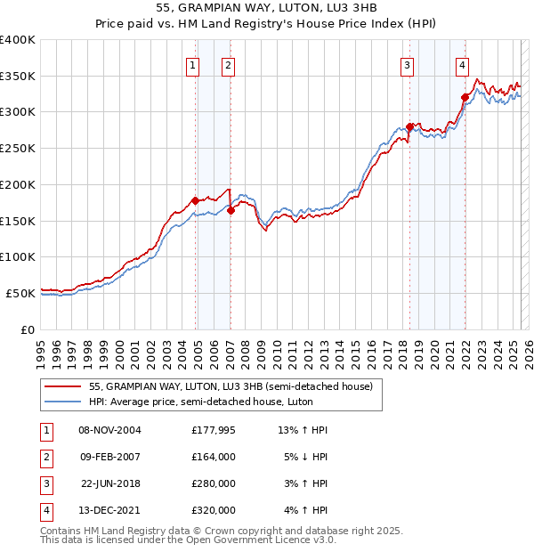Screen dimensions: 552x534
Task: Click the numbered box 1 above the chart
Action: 193,64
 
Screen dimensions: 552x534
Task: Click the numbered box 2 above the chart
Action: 228,64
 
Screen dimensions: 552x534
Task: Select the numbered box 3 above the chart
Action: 407,64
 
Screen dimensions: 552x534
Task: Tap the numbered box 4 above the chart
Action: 463,64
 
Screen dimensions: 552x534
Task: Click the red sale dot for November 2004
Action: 195,200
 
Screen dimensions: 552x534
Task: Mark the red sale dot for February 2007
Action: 231,210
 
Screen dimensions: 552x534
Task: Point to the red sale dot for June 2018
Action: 409,126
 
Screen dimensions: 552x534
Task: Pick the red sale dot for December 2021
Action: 465,97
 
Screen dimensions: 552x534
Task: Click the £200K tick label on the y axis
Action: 18,184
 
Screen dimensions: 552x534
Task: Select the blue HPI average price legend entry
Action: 212,402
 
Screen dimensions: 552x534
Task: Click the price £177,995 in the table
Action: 213,431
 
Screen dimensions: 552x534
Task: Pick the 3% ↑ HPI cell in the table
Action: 306,484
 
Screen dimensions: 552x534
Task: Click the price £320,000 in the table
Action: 213,511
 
